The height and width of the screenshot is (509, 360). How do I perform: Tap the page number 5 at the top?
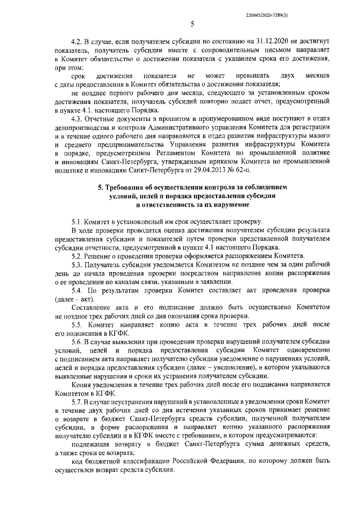192,24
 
